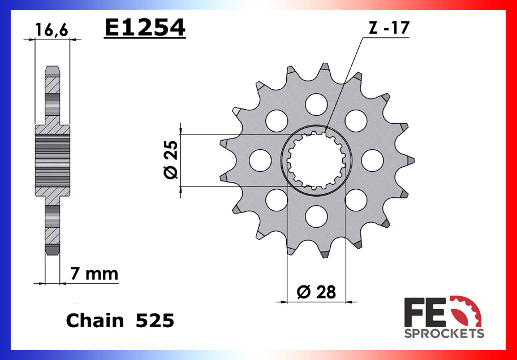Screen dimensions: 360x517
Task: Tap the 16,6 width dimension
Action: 52,30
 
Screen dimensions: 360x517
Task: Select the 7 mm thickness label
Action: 94,275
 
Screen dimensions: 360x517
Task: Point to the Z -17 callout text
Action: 389,28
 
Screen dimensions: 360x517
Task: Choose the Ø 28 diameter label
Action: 316,292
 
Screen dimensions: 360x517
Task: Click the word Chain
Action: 94,321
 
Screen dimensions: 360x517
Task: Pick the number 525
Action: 154,321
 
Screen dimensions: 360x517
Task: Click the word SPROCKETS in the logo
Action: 444,333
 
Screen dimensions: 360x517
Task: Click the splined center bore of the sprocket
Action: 316,160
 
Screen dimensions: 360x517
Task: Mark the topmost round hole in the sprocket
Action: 316,103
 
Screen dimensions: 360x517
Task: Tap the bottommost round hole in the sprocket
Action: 316,216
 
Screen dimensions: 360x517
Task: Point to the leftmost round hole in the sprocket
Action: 260,160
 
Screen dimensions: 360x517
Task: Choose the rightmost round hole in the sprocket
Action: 373,160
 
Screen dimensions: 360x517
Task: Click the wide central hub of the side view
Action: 52,161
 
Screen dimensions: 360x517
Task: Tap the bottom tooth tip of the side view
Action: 52,250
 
